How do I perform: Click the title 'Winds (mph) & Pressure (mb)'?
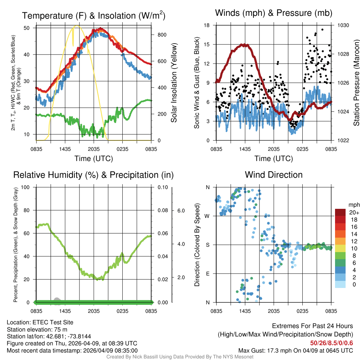point(274,13)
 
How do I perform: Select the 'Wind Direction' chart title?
point(274,175)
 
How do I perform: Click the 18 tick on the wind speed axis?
point(207,25)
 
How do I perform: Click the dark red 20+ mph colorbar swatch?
point(341,212)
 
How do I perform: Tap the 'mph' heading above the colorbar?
point(353,205)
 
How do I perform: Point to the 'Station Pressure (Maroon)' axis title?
point(356,83)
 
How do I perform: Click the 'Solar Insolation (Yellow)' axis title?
point(174,83)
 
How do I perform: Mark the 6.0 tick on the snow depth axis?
point(181,211)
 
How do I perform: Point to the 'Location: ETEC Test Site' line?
point(40,322)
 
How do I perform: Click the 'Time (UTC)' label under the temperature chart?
point(94,159)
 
